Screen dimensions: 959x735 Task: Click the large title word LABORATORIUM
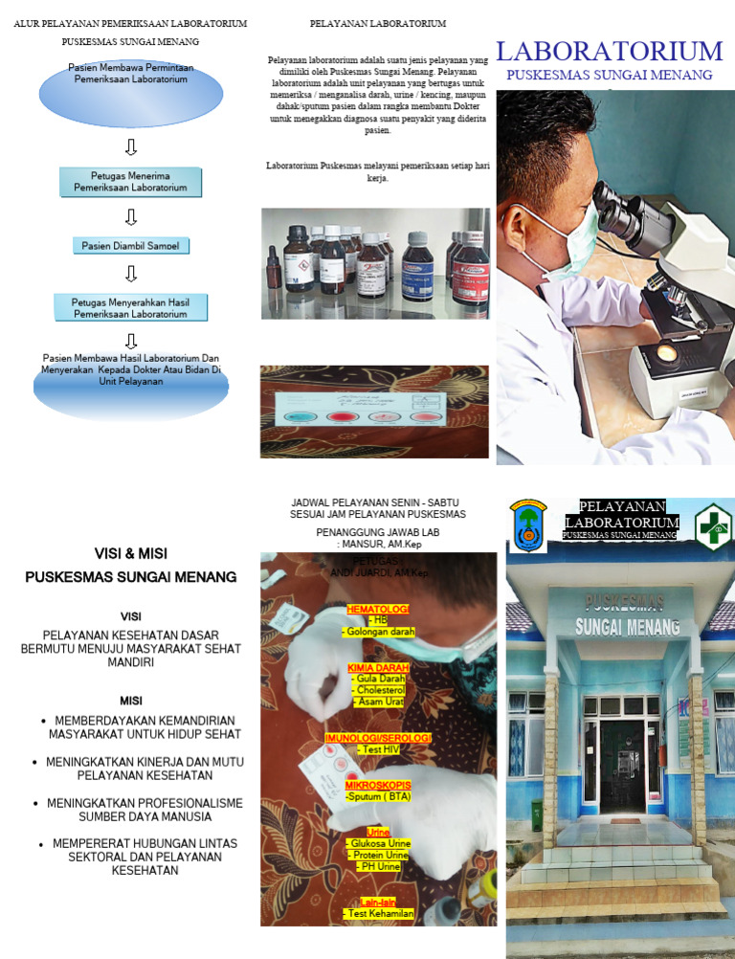610,52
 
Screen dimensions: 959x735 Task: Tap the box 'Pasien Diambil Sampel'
131,246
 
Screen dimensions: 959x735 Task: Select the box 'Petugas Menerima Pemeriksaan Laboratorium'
131,182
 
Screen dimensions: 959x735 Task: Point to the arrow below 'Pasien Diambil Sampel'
131,275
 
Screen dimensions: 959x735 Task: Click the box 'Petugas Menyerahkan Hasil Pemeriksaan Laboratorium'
131,307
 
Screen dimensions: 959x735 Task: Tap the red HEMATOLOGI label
378,609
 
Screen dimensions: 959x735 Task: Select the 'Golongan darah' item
378,632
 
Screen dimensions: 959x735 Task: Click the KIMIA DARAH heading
378,667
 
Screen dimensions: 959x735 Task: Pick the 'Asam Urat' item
378,702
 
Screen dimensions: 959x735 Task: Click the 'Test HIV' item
378,750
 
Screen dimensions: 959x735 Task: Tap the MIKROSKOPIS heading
378,785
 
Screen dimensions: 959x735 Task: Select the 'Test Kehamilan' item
378,914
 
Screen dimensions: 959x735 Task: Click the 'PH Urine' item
378,866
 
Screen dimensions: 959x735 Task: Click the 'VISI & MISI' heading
131,554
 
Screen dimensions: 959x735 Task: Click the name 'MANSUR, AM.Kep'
379,544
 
